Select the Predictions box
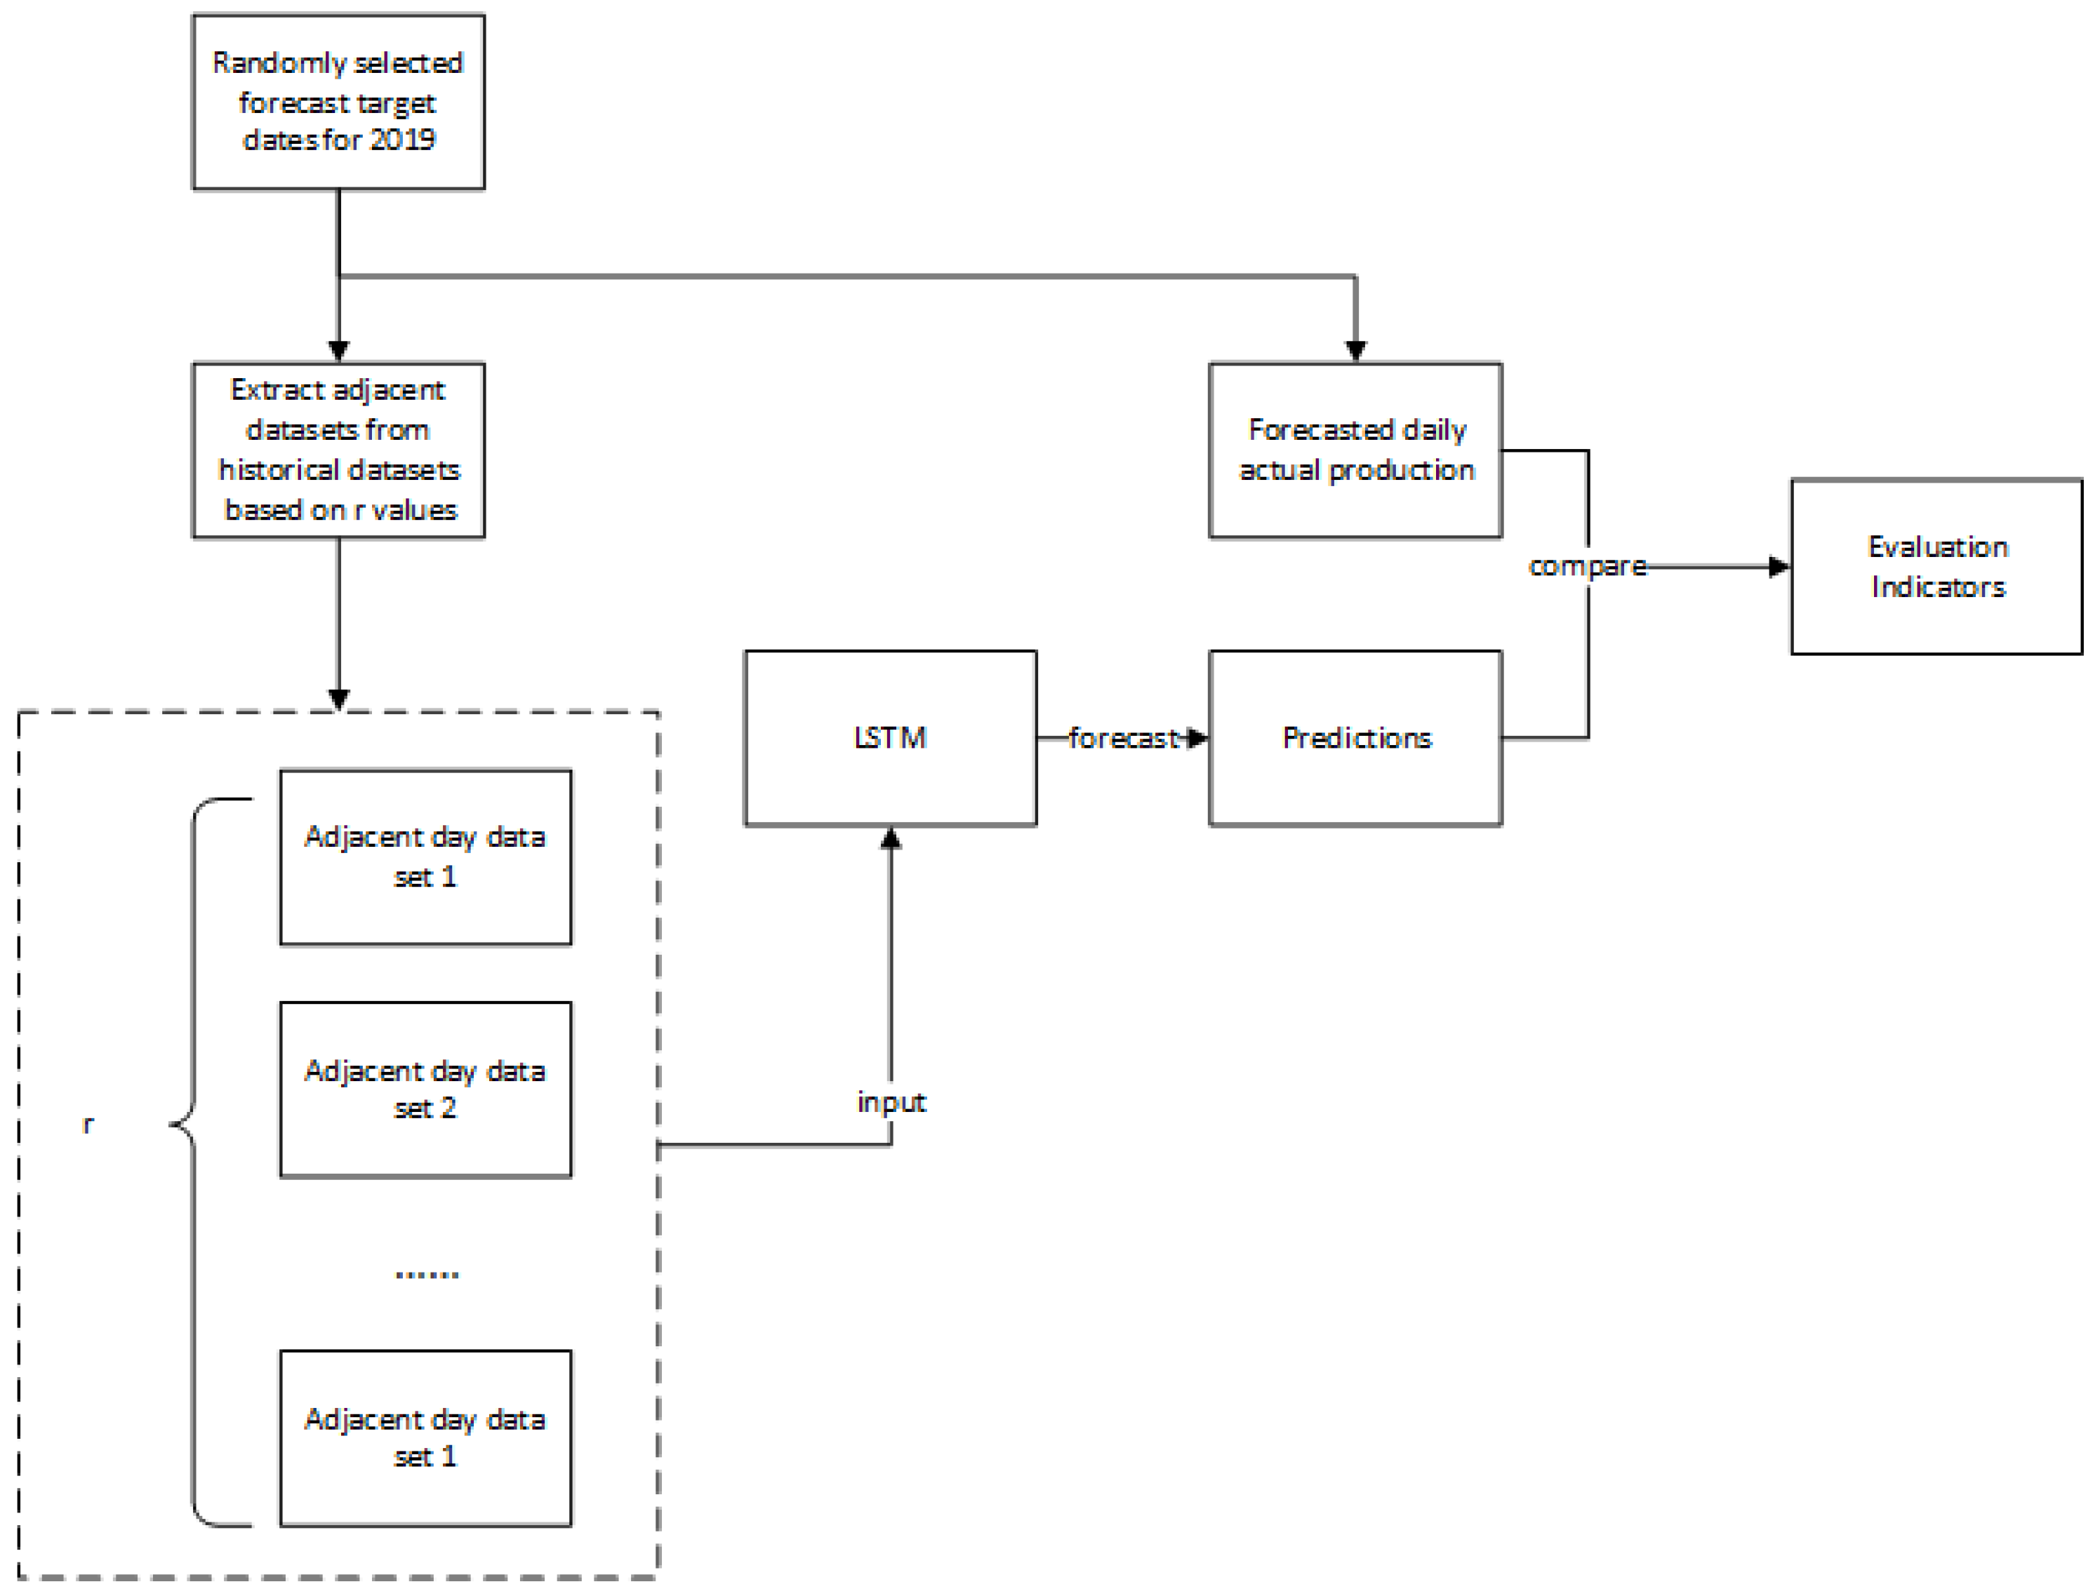tap(1355, 738)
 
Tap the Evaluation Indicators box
tap(1936, 566)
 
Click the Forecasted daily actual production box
tap(1355, 450)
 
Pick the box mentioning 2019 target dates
tap(338, 102)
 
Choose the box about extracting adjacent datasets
tap(338, 450)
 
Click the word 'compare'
tap(1586, 566)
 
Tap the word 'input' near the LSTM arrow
tap(891, 1102)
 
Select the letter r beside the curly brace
tap(88, 1125)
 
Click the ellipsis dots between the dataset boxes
tap(427, 1274)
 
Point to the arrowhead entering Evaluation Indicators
tap(1778, 567)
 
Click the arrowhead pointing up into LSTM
tap(891, 838)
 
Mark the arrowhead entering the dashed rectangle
tap(338, 699)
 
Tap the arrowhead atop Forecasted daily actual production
tap(1355, 351)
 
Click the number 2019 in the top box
tap(402, 140)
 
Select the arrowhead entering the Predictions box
tap(1197, 738)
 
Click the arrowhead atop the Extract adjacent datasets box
tap(338, 351)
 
